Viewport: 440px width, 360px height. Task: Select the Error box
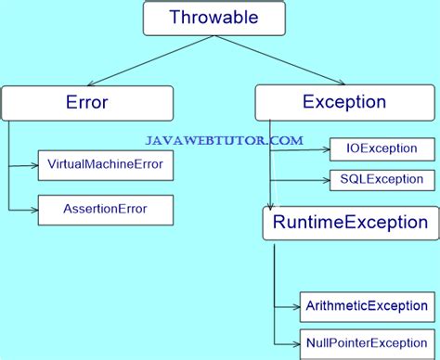pos(87,103)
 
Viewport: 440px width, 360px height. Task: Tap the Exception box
pos(345,102)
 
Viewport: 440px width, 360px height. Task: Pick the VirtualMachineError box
pos(105,165)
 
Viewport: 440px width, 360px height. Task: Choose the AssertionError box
pos(105,210)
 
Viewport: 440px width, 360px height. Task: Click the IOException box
pos(381,148)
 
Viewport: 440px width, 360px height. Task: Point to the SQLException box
pos(381,179)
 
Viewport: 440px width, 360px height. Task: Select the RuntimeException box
pos(349,223)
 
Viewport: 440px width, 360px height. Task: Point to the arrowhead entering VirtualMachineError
pos(33,165)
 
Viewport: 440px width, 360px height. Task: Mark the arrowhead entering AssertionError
pos(33,210)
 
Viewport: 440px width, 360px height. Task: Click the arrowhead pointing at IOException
pos(326,148)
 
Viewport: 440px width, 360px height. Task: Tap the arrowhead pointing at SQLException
pos(326,179)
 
